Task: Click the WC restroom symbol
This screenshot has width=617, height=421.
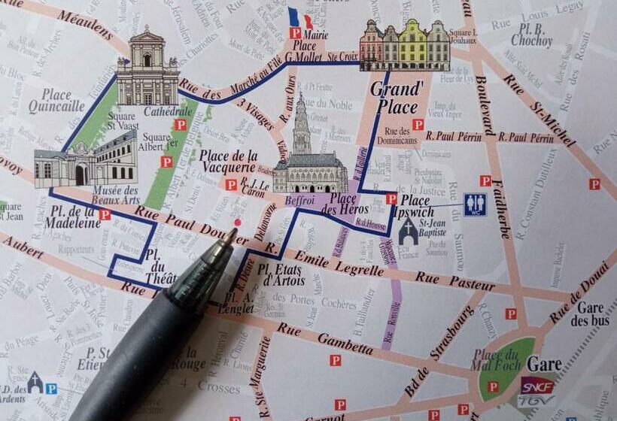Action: click(475, 204)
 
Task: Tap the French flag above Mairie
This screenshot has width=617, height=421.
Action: click(299, 17)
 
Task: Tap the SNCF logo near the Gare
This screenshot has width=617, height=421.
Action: click(536, 386)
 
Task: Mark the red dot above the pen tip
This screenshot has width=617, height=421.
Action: click(238, 223)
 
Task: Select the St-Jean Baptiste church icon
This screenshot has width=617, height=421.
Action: click(409, 232)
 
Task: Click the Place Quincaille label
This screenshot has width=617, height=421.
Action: click(56, 101)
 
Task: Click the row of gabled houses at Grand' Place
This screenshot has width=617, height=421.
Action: click(404, 46)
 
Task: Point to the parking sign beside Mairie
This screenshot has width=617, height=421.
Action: click(295, 33)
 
